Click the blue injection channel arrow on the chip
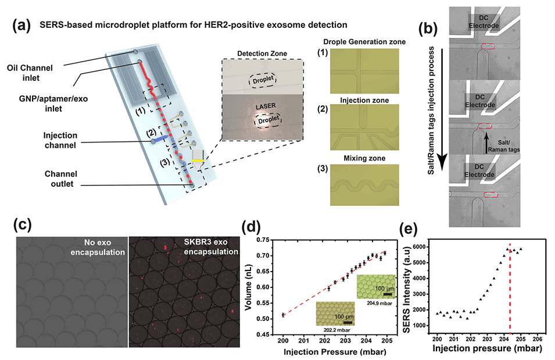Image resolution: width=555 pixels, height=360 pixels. [164, 138]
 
